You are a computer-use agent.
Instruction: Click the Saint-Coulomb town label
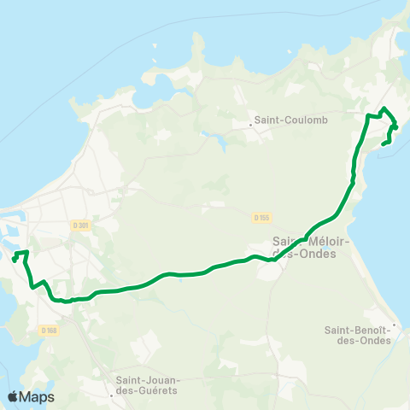click(280, 120)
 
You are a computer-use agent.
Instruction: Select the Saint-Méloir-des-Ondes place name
click(304, 247)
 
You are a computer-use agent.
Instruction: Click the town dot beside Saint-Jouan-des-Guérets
click(112, 395)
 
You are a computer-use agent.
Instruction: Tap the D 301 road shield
click(81, 225)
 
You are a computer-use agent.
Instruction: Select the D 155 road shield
click(262, 218)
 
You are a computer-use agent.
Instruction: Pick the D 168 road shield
click(49, 331)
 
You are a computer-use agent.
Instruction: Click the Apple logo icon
click(14, 396)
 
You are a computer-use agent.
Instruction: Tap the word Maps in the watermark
click(38, 396)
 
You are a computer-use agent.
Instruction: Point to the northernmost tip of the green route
click(384, 108)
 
